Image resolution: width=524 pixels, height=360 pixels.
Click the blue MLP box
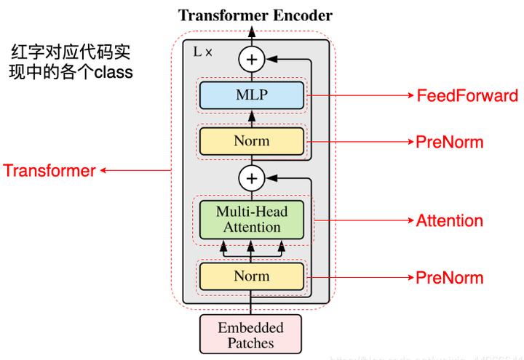click(x=251, y=95)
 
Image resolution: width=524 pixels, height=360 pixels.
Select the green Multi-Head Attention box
click(x=251, y=220)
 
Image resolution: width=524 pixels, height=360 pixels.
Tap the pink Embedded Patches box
click(x=251, y=335)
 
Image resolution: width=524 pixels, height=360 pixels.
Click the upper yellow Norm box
click(x=251, y=141)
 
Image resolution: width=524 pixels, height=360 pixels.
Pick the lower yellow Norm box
click(x=251, y=276)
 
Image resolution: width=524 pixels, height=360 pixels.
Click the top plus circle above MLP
click(x=252, y=58)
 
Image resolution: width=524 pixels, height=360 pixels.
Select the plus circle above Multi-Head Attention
click(x=252, y=177)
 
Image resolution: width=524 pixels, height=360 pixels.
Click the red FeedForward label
click(x=467, y=96)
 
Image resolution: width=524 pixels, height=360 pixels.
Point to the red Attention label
click(x=449, y=220)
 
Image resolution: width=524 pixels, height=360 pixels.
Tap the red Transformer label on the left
click(x=49, y=171)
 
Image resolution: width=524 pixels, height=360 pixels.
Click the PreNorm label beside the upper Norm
click(x=449, y=142)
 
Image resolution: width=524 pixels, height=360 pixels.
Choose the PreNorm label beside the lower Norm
click(x=449, y=277)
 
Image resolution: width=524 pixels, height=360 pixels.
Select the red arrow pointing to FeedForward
click(x=360, y=96)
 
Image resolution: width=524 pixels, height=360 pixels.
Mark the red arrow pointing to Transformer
click(x=135, y=171)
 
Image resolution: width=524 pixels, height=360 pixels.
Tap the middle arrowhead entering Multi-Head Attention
click(x=251, y=248)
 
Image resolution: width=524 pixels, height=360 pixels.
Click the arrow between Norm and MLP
click(x=252, y=116)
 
